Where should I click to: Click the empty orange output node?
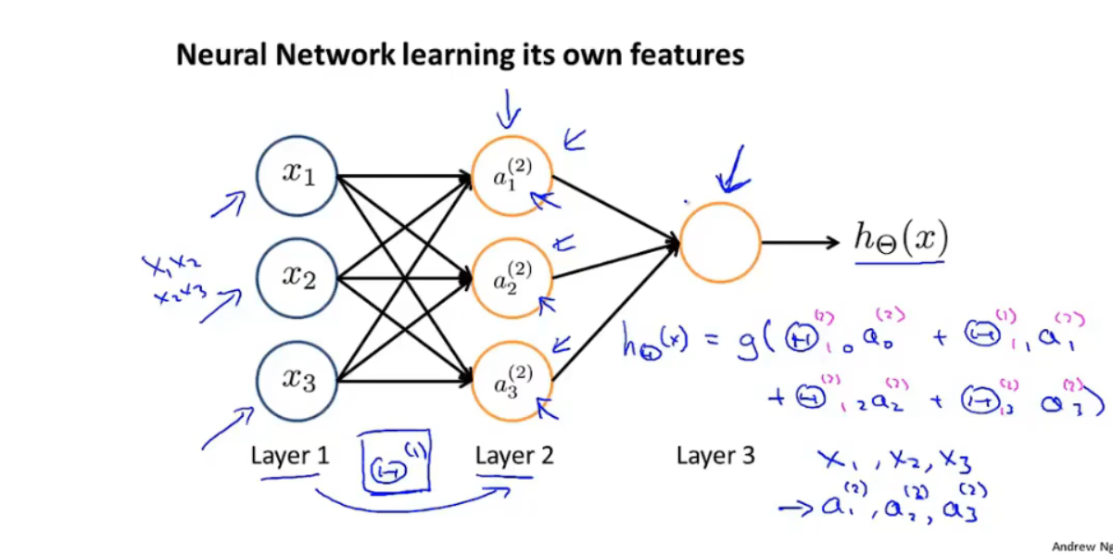(x=720, y=243)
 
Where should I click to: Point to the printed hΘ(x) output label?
(x=900, y=240)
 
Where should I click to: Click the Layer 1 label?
(x=289, y=455)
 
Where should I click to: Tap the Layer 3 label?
(x=715, y=455)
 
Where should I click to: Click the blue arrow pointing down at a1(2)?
(x=508, y=111)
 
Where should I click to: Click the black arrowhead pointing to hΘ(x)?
(x=830, y=243)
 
